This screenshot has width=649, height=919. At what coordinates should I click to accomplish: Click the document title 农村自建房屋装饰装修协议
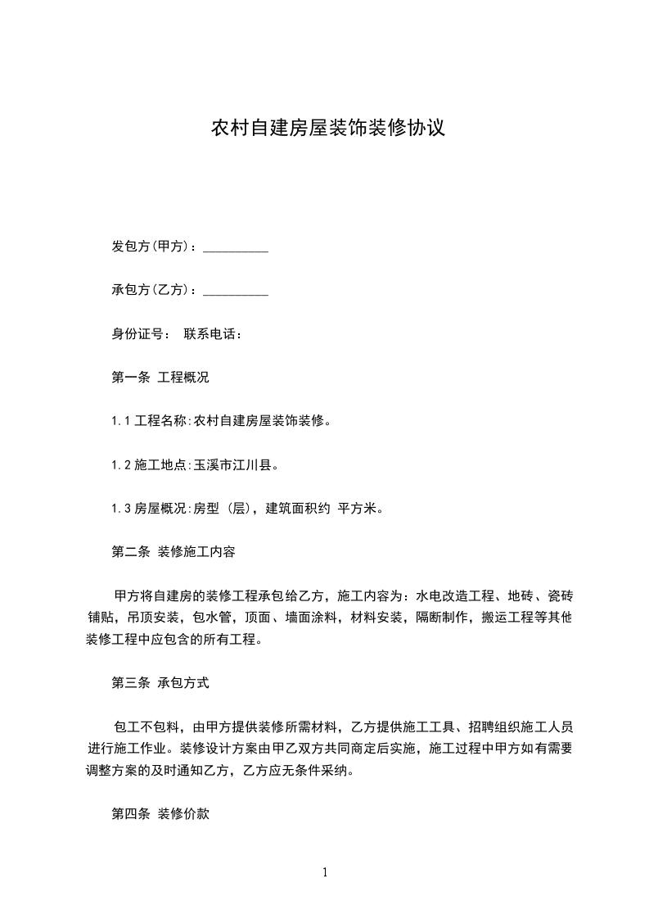pyautogui.click(x=328, y=129)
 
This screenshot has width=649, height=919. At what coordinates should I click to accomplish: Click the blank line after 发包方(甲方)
pyautogui.click(x=235, y=247)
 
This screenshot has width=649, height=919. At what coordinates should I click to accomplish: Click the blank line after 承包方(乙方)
pyautogui.click(x=235, y=291)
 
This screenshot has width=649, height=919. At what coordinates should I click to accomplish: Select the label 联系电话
pyautogui.click(x=214, y=334)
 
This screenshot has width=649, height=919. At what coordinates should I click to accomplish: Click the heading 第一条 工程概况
pyautogui.click(x=160, y=378)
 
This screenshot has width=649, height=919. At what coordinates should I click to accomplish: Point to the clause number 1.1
pyautogui.click(x=121, y=422)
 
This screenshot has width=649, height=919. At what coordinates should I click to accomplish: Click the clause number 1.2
pyautogui.click(x=121, y=465)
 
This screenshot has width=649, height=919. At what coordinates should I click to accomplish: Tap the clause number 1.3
pyautogui.click(x=121, y=509)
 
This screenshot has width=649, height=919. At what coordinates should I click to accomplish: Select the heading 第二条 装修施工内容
pyautogui.click(x=174, y=552)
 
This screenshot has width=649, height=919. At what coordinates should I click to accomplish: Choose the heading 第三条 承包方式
pyautogui.click(x=160, y=682)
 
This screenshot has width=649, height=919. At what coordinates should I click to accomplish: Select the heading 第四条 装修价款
pyautogui.click(x=160, y=813)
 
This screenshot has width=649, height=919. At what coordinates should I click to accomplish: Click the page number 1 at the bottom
pyautogui.click(x=325, y=872)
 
